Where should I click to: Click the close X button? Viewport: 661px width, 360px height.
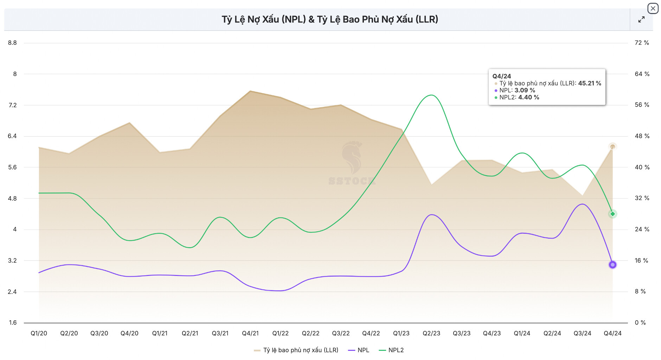[x=653, y=8]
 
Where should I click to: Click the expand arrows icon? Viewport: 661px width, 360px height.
[x=641, y=20]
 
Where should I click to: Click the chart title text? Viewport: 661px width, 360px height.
[x=330, y=19]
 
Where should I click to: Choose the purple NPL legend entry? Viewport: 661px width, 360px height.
[x=359, y=350]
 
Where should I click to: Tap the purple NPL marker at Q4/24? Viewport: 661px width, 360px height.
[x=612, y=265]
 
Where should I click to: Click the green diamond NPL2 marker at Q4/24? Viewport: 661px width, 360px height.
[x=612, y=214]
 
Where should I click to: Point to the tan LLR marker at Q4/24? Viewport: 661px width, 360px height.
[x=612, y=147]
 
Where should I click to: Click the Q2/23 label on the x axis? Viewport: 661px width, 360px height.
[x=431, y=333]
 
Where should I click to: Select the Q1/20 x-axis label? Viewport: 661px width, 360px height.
[x=39, y=333]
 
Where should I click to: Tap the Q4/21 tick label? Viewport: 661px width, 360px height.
[x=250, y=333]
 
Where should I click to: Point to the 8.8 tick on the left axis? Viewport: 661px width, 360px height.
[x=12, y=43]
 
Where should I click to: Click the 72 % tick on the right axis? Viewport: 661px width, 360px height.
[x=642, y=43]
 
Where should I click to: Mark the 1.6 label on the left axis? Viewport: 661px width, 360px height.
[x=13, y=323]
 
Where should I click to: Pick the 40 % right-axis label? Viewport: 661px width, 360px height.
[x=642, y=167]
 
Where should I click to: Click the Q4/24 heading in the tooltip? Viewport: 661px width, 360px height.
[x=501, y=76]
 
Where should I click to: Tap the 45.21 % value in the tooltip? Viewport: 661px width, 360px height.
[x=589, y=83]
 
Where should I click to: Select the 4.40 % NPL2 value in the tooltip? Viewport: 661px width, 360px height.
[x=528, y=97]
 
